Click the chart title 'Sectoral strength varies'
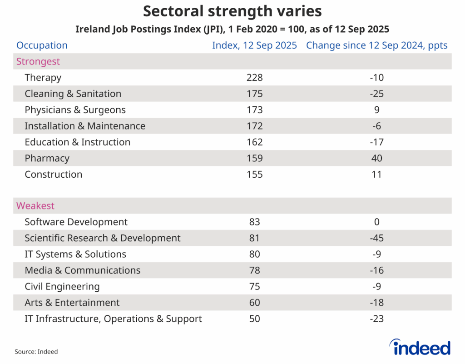point(232,11)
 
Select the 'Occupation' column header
point(42,45)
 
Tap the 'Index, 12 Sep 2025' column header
point(254,45)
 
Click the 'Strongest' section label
point(38,61)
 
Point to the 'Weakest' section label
point(35,206)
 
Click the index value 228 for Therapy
point(254,78)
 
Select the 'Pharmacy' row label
point(47,159)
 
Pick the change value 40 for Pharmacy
point(376,159)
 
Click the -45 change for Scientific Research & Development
point(376,238)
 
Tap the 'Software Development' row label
point(76,222)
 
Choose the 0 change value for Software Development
point(376,222)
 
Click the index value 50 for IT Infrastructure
point(254,319)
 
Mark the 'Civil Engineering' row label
point(62,287)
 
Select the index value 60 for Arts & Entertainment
point(254,303)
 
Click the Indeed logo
point(420,347)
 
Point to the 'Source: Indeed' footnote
point(36,352)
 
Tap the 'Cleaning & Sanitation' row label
point(73,94)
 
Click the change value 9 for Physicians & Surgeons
point(376,110)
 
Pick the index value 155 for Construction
point(254,175)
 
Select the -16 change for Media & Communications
point(376,270)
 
